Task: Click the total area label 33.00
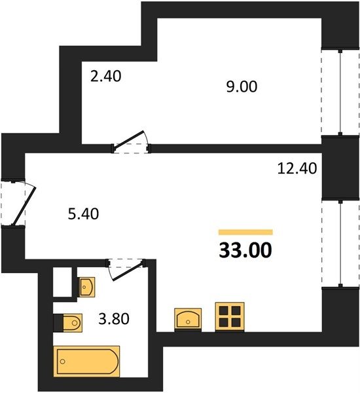(x=245, y=250)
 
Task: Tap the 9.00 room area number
(x=242, y=86)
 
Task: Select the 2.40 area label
(x=106, y=77)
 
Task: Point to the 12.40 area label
(x=297, y=168)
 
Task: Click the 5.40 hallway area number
(x=83, y=214)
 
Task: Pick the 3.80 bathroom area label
(x=114, y=319)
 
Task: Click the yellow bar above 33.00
(x=245, y=233)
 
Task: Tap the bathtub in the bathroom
(x=86, y=361)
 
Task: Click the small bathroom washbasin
(x=86, y=287)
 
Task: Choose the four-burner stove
(x=230, y=316)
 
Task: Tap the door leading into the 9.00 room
(x=130, y=141)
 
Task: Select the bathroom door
(x=126, y=269)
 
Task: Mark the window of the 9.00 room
(x=340, y=92)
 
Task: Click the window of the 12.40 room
(x=340, y=244)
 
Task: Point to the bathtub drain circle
(x=63, y=362)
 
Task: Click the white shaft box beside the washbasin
(x=62, y=282)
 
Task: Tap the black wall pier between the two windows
(x=340, y=168)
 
